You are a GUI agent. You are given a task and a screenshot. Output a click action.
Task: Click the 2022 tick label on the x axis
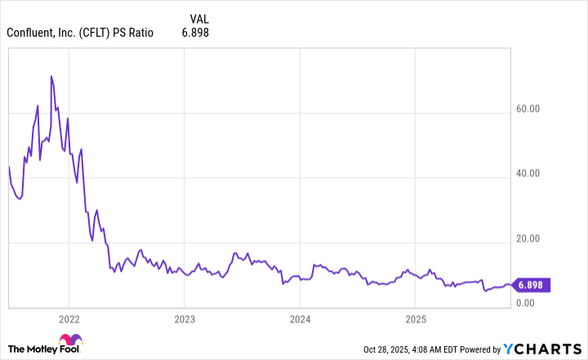click(x=69, y=318)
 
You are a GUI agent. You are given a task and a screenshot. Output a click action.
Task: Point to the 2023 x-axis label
click(x=185, y=318)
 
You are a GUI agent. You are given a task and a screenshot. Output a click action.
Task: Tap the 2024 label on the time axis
click(x=301, y=318)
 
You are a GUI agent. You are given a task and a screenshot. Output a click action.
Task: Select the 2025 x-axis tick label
click(x=416, y=318)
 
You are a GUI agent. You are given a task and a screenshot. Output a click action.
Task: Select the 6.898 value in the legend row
click(x=197, y=33)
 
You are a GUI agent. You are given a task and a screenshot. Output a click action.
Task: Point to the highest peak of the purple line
click(x=51, y=76)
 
